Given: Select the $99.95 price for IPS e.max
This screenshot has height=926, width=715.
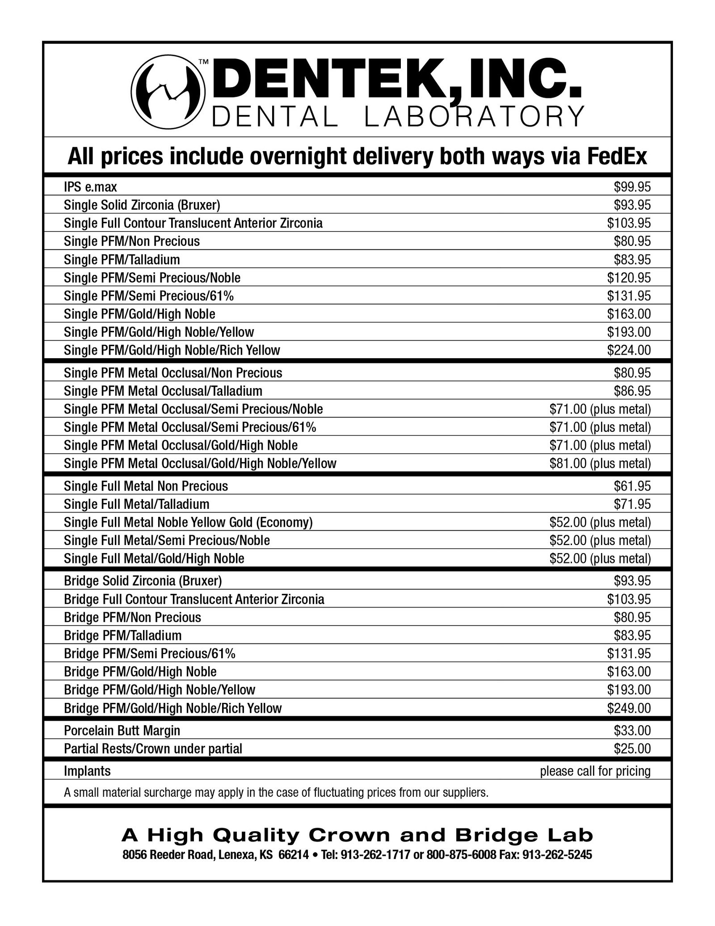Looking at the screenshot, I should [x=632, y=186].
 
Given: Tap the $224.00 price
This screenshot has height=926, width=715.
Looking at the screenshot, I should [x=628, y=350].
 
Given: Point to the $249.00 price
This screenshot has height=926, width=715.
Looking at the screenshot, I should [x=628, y=708].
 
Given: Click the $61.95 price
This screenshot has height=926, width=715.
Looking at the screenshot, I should [x=632, y=486].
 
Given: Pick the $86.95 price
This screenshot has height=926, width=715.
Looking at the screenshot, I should [x=632, y=391].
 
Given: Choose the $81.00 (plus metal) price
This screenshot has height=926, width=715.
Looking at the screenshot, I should [x=600, y=463].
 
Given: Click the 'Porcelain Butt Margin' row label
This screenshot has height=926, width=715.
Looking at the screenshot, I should [x=122, y=731].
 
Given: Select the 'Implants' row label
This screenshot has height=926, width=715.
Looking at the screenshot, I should [x=87, y=771].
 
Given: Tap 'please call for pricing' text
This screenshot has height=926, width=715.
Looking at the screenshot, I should [x=595, y=771].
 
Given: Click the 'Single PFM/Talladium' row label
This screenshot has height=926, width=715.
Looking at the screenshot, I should [x=122, y=259].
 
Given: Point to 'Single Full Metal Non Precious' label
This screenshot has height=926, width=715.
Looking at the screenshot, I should [x=146, y=486].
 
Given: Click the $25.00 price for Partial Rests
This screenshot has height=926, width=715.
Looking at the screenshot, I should [x=632, y=748].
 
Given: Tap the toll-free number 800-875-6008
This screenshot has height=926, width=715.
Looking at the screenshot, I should [x=461, y=855].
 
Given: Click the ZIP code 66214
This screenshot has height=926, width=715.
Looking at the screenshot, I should [x=293, y=855].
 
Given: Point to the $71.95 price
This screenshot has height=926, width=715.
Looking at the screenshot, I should [x=632, y=504].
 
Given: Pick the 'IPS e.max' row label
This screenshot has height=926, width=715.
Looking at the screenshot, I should [x=90, y=186].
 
